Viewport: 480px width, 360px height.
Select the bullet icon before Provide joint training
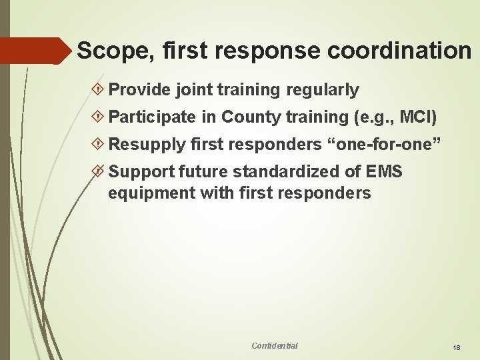tap(98, 90)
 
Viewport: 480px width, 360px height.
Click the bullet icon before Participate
tap(98, 118)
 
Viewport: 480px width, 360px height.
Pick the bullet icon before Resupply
tap(98, 145)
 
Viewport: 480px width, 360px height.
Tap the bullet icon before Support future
tap(98, 172)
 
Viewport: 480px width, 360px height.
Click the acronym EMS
tap(385, 171)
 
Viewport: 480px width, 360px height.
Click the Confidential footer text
tap(275, 345)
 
